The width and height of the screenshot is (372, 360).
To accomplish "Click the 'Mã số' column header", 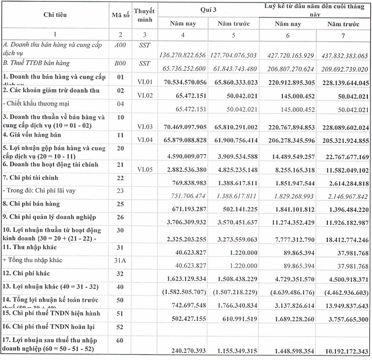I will [120, 15].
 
